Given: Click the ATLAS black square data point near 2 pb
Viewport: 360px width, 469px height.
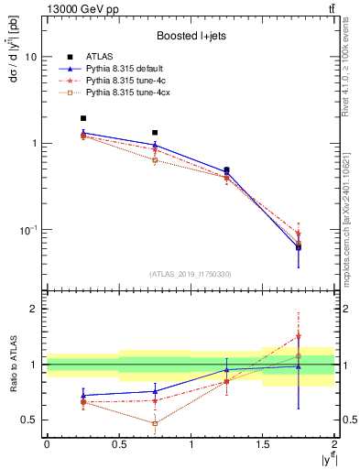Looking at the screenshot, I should [83, 118].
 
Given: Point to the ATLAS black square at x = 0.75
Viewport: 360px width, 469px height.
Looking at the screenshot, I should [155, 133].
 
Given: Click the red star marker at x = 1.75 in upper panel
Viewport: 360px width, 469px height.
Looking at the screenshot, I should [299, 234].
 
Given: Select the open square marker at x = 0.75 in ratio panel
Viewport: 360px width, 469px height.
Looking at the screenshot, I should [155, 423].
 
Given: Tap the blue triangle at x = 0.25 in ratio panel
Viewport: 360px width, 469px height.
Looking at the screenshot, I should [83, 396].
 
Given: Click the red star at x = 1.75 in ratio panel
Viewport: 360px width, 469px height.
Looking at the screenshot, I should [299, 336].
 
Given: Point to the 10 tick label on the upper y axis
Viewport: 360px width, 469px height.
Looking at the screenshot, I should [30, 57].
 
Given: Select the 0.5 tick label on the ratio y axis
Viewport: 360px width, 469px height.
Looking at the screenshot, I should [29, 420].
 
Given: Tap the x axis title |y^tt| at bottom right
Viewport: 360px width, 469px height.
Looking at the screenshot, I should [324, 460].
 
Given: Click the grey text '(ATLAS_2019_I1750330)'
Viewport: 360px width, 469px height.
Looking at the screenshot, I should [191, 274].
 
